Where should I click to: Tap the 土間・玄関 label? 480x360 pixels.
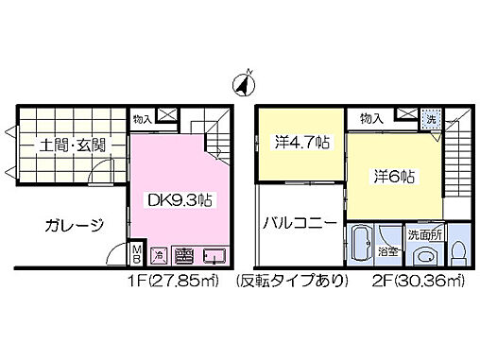(x=72, y=146)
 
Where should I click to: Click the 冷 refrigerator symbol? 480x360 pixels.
(x=161, y=254)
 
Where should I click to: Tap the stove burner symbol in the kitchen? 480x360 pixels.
(x=184, y=254)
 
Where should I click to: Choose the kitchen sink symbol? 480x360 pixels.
(x=214, y=254)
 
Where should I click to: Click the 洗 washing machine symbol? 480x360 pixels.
(x=430, y=119)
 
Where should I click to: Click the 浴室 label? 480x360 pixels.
(x=388, y=252)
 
